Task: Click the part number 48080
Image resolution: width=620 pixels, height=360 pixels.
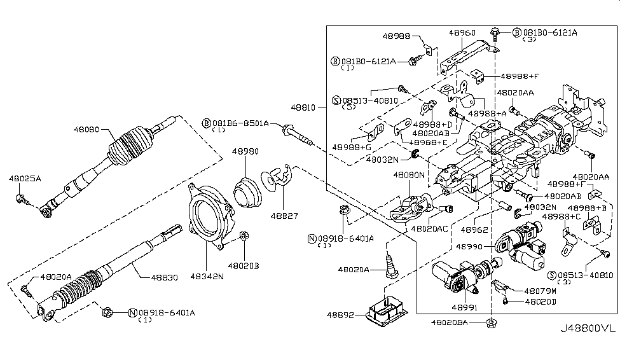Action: [88, 128]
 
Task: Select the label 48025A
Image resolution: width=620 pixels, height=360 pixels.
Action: [25, 179]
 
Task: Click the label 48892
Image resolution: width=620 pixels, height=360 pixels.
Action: [341, 315]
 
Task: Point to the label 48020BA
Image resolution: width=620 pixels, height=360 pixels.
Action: [450, 323]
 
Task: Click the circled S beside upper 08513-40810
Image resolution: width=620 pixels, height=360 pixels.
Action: [337, 100]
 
